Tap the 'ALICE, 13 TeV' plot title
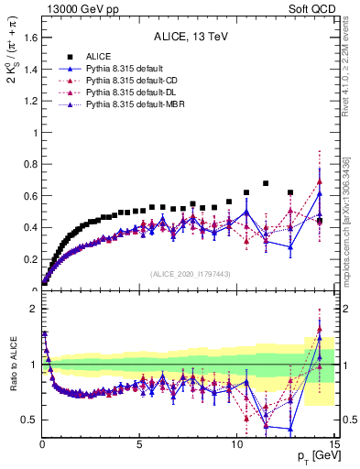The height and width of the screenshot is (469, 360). [189, 38]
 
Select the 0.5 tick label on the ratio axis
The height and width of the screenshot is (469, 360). [29, 420]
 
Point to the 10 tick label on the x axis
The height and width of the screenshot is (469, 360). [237, 443]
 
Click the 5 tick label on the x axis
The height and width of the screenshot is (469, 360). [139, 443]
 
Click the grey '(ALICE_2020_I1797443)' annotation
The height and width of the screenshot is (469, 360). [189, 274]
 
